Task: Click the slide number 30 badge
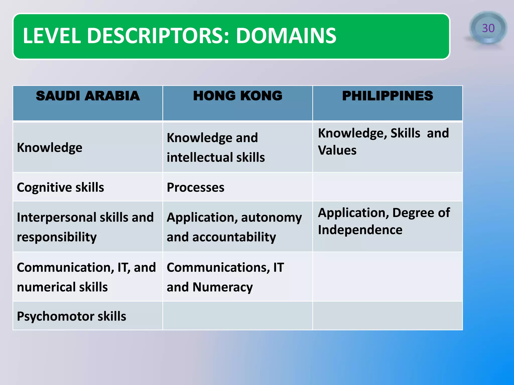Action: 488,28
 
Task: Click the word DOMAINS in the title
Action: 286,36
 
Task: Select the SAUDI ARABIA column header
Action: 88,96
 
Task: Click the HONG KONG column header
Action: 238,96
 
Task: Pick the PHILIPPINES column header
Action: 388,96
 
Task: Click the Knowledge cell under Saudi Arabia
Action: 50,148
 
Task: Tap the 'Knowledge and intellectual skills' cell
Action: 216,147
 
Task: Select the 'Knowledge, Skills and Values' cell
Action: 383,142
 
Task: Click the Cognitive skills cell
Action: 60,187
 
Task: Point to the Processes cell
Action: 196,187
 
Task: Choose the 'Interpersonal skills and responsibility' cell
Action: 85,227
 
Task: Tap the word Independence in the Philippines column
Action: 360,230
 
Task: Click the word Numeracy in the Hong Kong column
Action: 223,287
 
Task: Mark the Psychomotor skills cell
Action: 72,316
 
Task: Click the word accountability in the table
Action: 234,237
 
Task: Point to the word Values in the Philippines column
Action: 337,150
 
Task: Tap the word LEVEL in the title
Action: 52,36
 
